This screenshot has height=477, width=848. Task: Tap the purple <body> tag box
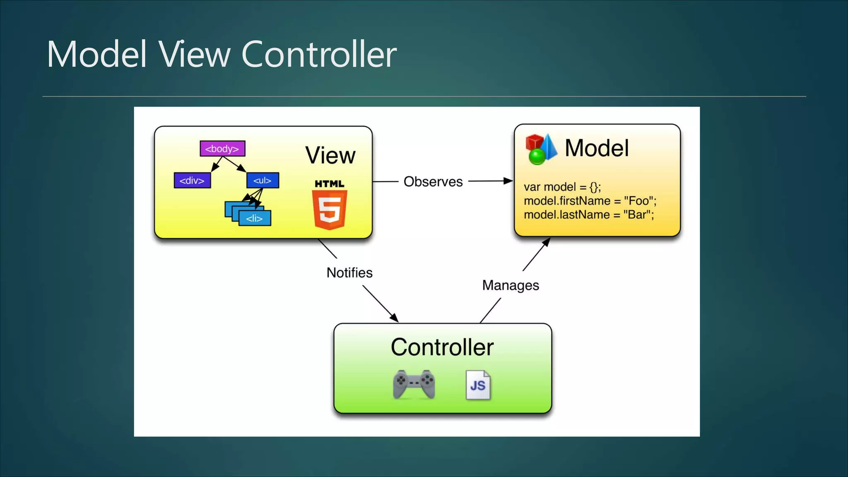pyautogui.click(x=222, y=149)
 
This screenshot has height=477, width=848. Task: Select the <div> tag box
pyautogui.click(x=192, y=181)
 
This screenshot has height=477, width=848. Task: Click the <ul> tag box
pyautogui.click(x=263, y=181)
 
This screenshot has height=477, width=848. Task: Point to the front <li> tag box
pyautogui.click(x=255, y=218)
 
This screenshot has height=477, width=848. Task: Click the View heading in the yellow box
pyautogui.click(x=330, y=155)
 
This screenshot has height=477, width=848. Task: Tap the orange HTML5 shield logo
pyautogui.click(x=330, y=209)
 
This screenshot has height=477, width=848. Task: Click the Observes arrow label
pyautogui.click(x=433, y=181)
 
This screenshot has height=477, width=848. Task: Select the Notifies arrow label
pyautogui.click(x=349, y=272)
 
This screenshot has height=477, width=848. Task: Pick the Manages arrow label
pyautogui.click(x=510, y=285)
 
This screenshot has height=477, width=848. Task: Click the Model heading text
pyautogui.click(x=596, y=148)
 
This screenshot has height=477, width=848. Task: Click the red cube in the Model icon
pyautogui.click(x=534, y=142)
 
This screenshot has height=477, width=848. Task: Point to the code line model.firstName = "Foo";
pyautogui.click(x=590, y=201)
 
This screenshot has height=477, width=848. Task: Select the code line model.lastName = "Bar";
pyautogui.click(x=588, y=214)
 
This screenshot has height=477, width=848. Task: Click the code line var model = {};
pyautogui.click(x=562, y=187)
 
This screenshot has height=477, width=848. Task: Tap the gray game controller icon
pyautogui.click(x=414, y=384)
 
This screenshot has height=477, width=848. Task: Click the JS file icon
pyautogui.click(x=478, y=385)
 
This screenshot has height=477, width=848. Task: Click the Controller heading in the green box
pyautogui.click(x=442, y=347)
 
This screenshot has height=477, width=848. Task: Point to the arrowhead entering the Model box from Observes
pyautogui.click(x=508, y=181)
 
